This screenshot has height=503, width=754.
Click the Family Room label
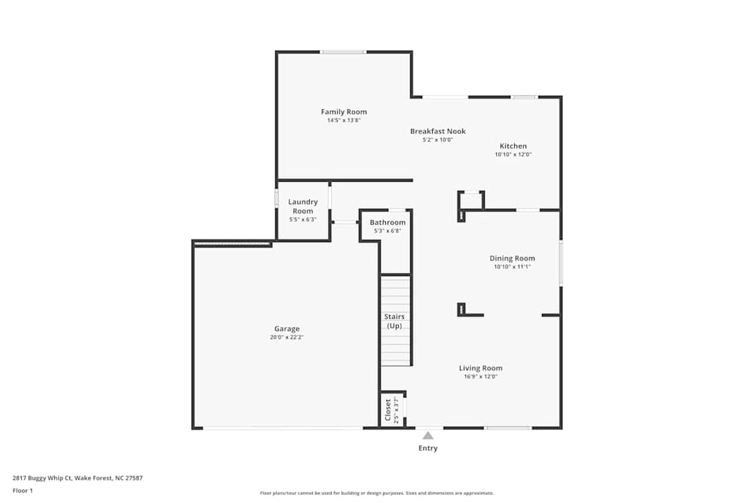(344, 112)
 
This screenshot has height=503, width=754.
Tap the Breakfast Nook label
(437, 131)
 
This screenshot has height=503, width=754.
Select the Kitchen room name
(513, 146)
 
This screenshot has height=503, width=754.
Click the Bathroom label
(388, 222)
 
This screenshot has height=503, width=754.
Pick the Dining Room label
(512, 259)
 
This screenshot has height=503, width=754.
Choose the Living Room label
(480, 369)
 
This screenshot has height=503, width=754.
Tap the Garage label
(287, 329)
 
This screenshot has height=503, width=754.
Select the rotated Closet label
(388, 410)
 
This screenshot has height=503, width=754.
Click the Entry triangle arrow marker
(428, 435)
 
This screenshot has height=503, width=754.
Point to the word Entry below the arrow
(428, 448)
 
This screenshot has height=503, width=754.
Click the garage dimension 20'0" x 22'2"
(287, 337)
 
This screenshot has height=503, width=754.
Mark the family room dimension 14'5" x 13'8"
(344, 120)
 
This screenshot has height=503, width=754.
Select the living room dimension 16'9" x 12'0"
(480, 376)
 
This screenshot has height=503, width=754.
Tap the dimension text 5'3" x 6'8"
(388, 231)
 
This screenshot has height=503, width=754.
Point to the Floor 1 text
(23, 490)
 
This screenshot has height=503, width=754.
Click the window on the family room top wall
(342, 52)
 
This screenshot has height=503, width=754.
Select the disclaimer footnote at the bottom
(377, 493)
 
